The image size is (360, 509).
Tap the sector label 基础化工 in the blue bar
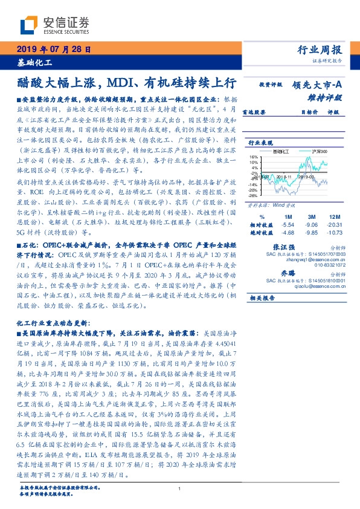34,62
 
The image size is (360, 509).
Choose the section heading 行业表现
262,143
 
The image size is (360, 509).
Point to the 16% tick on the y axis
253,156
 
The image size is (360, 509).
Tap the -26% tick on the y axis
253,196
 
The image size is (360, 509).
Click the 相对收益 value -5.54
288,224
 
